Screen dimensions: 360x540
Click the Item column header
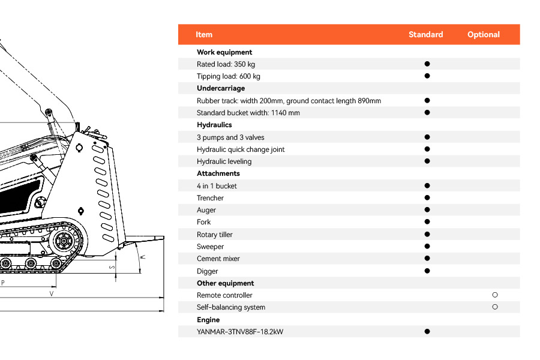pos(204,35)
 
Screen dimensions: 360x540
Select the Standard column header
pos(425,35)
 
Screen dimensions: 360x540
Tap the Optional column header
pos(483,35)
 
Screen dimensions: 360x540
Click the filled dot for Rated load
pos(427,64)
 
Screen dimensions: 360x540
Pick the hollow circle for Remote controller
pos(495,295)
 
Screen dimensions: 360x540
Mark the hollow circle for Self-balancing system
pos(495,307)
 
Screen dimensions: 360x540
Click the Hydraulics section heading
pos(214,125)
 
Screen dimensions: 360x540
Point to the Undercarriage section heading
pos(221,88)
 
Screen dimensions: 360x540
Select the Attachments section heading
pos(218,173)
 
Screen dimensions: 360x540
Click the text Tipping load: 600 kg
pos(228,76)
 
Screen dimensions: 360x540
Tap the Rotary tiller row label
pos(214,235)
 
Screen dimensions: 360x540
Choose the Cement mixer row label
pos(218,259)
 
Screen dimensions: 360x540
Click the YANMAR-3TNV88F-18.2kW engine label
pos(239,332)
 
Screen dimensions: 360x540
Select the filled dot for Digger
pos(427,271)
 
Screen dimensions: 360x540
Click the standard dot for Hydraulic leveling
pos(427,161)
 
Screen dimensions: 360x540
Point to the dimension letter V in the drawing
pos(52,294)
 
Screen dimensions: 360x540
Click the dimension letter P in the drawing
pos(3,282)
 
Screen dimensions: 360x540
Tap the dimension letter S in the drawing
pos(111,267)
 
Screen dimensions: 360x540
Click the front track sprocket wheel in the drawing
pos(62,242)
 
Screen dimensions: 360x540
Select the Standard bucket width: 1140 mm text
pos(248,113)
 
